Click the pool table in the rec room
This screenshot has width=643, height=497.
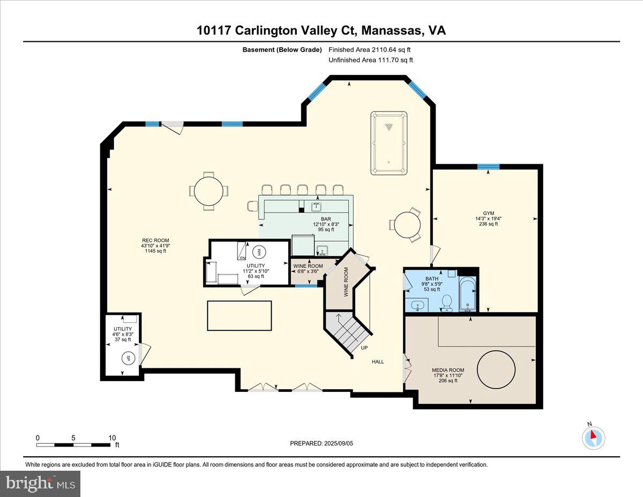click(x=388, y=143)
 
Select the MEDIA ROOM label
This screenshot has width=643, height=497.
click(x=448, y=370)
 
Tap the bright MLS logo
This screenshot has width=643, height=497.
click(x=40, y=484)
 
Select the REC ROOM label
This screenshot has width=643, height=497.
click(x=155, y=240)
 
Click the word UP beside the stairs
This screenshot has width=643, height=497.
click(x=364, y=348)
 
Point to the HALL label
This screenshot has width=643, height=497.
click(x=378, y=361)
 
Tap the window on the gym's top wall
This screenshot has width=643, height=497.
click(x=488, y=167)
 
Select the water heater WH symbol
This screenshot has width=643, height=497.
click(x=258, y=251)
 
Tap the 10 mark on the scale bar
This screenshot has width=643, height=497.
click(x=112, y=437)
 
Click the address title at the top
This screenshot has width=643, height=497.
click(x=321, y=31)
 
